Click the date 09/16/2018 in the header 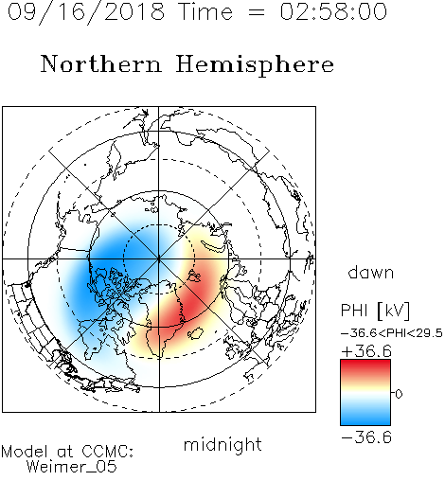click(x=85, y=12)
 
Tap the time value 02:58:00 click(x=333, y=11)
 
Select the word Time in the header click(x=205, y=11)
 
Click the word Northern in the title click(x=101, y=63)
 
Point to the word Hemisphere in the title click(x=255, y=65)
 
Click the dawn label click(x=371, y=272)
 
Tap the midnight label click(x=222, y=445)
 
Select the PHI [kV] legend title click(x=375, y=311)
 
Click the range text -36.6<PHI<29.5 click(x=392, y=333)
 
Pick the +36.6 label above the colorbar click(x=366, y=351)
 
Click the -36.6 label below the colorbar click(x=366, y=437)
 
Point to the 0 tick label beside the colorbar click(x=399, y=394)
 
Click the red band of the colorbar click(x=365, y=366)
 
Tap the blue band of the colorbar click(x=365, y=418)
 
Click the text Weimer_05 click(x=72, y=467)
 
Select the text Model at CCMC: click(x=67, y=452)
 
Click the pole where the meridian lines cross click(x=159, y=259)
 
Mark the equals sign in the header click(x=257, y=12)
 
